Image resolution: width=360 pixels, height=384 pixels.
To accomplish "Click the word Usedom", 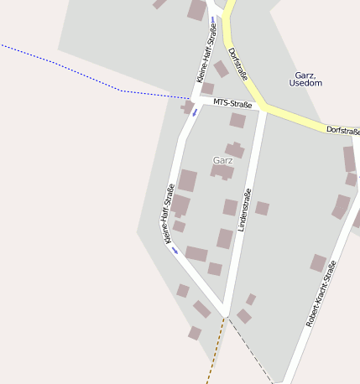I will tap(305, 83).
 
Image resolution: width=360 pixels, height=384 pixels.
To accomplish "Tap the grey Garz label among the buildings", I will tap(223, 159).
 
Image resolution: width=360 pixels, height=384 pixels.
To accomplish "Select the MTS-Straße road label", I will tap(232, 104).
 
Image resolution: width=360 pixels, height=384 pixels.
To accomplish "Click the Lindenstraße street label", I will tap(245, 210).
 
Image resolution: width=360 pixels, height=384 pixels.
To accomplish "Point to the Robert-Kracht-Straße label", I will tap(321, 293).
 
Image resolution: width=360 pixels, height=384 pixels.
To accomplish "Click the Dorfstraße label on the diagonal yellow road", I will tap(238, 63).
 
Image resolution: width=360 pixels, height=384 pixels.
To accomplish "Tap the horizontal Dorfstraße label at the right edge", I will tap(343, 131).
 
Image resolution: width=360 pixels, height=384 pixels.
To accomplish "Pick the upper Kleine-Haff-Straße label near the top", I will tap(206, 53).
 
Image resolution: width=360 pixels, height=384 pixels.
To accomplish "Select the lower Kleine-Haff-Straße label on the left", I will tap(169, 213).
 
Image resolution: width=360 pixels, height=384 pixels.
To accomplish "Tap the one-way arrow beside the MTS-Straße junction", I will tap(195, 112).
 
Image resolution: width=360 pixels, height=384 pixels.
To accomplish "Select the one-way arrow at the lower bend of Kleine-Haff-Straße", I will tap(175, 250).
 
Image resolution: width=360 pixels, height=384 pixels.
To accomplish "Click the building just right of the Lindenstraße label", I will tap(262, 208).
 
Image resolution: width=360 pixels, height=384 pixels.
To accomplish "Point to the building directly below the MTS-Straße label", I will tap(237, 121).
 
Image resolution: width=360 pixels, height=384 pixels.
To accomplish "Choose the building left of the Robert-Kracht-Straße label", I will tap(318, 263).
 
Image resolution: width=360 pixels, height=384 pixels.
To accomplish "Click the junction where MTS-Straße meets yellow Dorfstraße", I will tap(265, 108).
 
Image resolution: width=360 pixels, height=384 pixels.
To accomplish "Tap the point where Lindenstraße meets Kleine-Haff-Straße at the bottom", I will tap(226, 314).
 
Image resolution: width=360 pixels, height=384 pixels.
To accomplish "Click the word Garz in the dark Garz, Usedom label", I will tap(305, 75).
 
